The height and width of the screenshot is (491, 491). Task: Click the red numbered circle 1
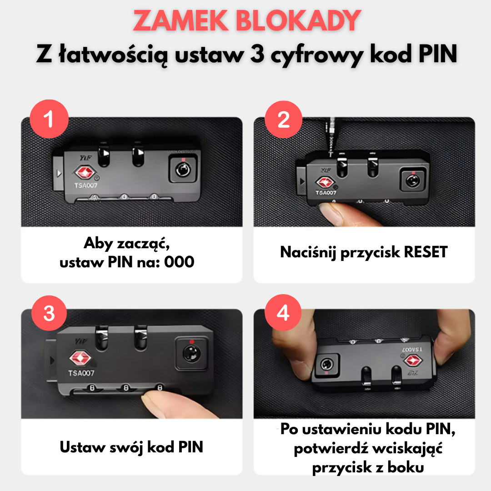pyautogui.click(x=49, y=119)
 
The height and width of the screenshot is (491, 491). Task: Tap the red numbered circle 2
pyautogui.click(x=283, y=119)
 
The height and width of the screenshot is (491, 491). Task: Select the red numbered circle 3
pyautogui.click(x=49, y=313)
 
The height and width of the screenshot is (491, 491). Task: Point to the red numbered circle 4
pyautogui.click(x=283, y=312)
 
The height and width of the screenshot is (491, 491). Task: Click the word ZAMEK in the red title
pyautogui.click(x=181, y=20)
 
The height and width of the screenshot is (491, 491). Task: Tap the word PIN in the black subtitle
pyautogui.click(x=438, y=54)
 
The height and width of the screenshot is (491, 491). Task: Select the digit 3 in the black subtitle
pyautogui.click(x=257, y=54)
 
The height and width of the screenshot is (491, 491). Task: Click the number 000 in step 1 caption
pyautogui.click(x=179, y=262)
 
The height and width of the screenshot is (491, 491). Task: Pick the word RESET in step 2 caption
pyautogui.click(x=426, y=252)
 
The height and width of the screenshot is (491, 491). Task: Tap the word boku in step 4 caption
pyautogui.click(x=406, y=467)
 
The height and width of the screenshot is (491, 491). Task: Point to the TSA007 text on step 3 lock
pyautogui.click(x=81, y=373)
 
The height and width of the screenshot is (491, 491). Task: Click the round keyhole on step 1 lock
pyautogui.click(x=183, y=170)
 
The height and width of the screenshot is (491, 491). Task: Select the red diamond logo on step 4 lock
pyautogui.click(x=413, y=361)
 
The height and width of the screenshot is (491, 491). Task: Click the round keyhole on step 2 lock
pyautogui.click(x=413, y=180)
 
